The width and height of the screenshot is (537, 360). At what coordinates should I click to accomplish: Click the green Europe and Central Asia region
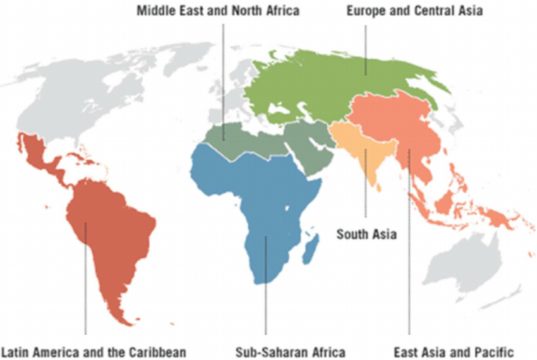tap(330, 85)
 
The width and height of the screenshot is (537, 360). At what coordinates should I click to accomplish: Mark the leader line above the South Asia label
tap(366, 200)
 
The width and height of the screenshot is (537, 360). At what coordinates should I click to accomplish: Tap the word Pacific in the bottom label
tap(494, 351)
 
